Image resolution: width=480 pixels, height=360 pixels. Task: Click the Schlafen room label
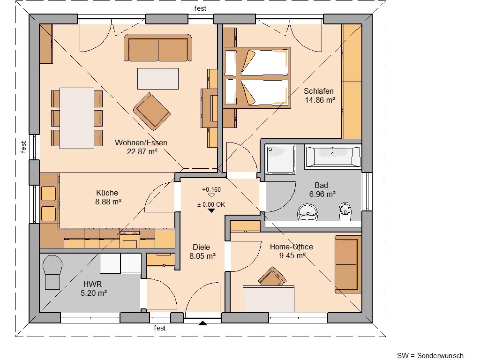tap(318, 91)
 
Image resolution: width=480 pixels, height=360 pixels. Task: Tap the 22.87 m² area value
tap(142, 151)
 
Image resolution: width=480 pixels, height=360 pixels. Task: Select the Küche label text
tap(107, 193)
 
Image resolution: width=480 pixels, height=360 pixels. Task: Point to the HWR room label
tap(92, 284)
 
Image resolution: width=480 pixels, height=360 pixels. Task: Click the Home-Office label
tap(292, 247)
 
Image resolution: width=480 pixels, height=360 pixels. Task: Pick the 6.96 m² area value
tap(322, 194)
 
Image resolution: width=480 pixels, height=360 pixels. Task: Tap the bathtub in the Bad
tap(333, 157)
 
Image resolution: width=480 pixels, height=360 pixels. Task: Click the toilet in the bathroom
tap(345, 211)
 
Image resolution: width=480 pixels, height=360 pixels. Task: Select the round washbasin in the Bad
tap(307, 212)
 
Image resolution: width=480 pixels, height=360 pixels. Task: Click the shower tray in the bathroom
tap(281, 159)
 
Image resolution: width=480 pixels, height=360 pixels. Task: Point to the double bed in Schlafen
tap(256, 77)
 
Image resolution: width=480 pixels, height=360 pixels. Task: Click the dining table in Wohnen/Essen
tap(76, 118)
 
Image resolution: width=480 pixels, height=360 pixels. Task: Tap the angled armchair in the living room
tap(152, 111)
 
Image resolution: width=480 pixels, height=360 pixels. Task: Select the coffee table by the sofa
tap(157, 79)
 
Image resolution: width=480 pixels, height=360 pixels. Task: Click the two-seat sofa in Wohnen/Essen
tap(158, 48)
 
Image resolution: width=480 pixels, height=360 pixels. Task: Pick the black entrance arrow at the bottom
tap(202, 323)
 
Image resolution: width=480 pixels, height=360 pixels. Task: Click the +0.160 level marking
tap(211, 189)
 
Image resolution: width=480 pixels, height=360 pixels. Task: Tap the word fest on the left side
tap(23, 147)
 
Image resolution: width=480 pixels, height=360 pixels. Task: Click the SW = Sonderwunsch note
tap(430, 355)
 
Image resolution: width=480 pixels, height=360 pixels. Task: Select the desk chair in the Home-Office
tap(272, 276)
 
